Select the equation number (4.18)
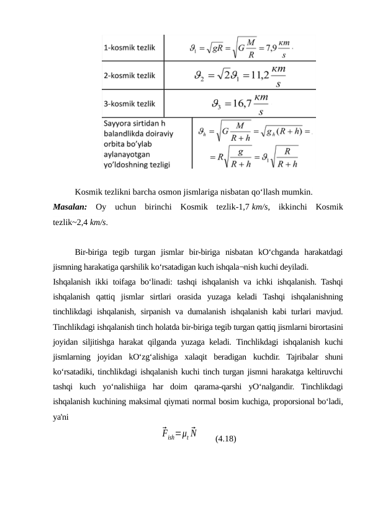(x=224, y=439)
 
